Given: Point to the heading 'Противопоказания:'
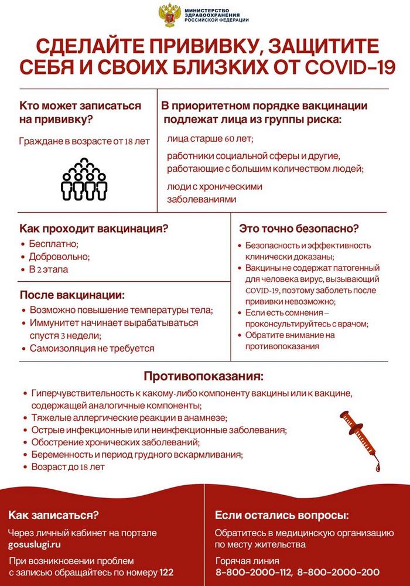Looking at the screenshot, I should [x=204, y=374].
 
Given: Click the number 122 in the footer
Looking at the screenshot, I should [x=167, y=572].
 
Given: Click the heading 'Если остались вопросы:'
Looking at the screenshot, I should [x=282, y=516].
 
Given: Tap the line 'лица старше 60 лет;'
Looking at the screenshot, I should [x=209, y=139].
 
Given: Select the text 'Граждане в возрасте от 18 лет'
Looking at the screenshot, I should [x=84, y=141].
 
